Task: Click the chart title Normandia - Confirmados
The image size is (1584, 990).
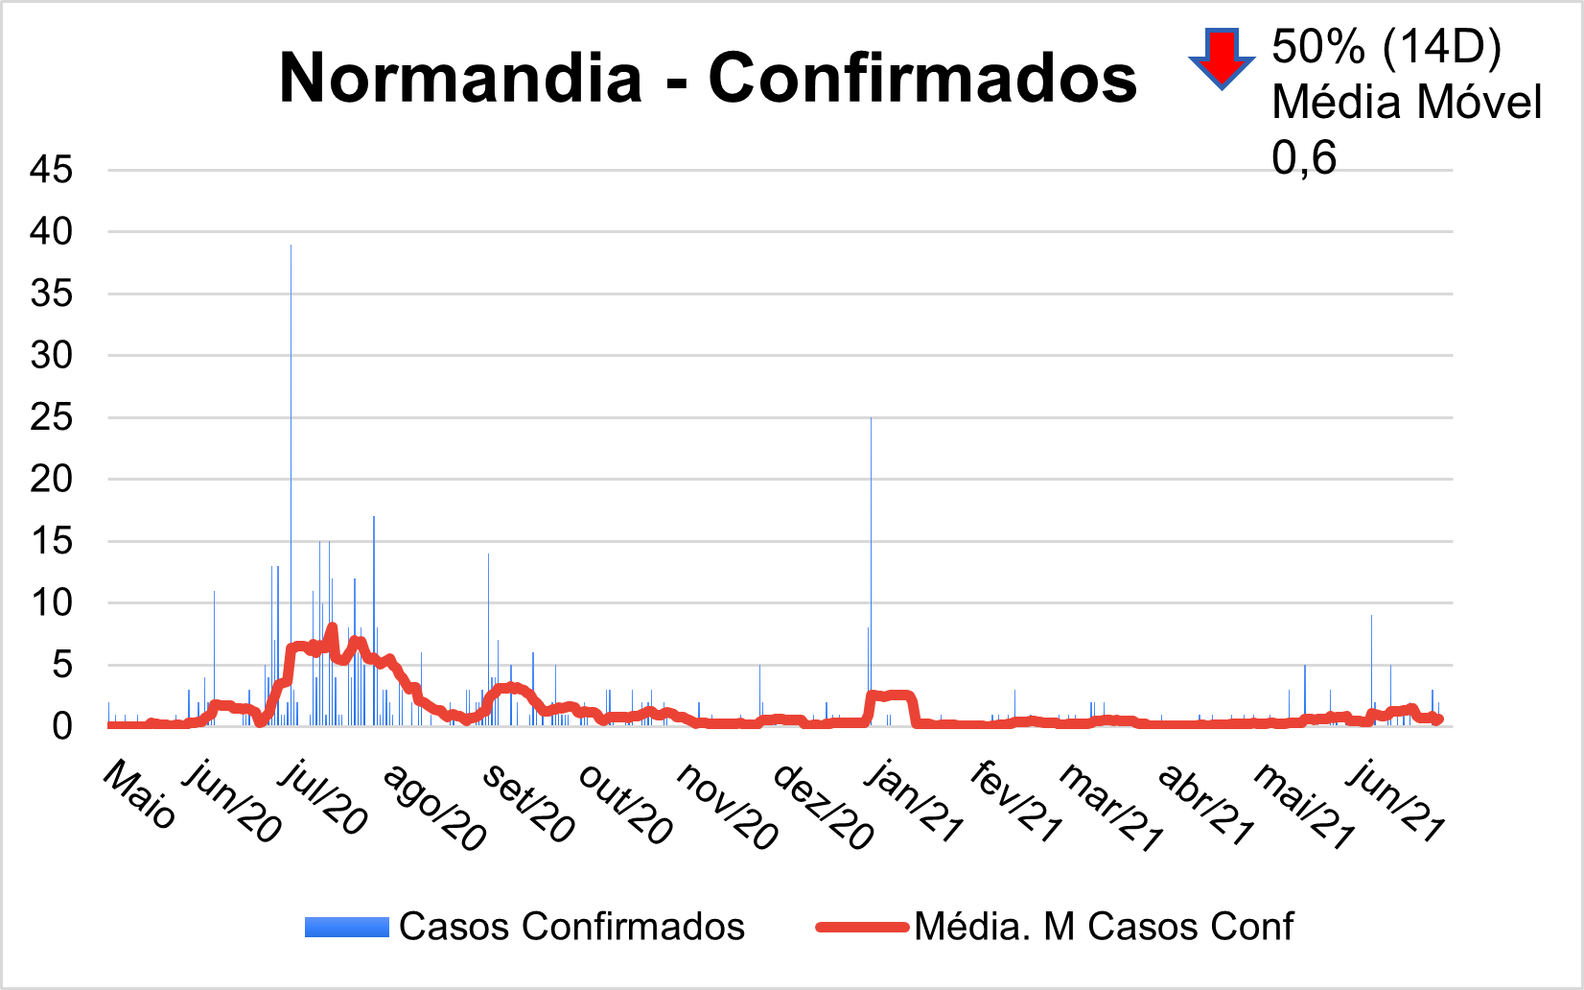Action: (x=708, y=78)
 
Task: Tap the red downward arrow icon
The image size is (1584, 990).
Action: (x=1222, y=59)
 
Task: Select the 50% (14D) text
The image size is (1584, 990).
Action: (x=1386, y=46)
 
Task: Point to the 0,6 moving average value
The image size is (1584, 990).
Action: (x=1304, y=158)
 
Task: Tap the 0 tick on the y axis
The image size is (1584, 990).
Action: (x=62, y=726)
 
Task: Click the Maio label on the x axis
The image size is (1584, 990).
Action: (x=140, y=795)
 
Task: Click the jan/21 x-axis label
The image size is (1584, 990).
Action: (x=914, y=802)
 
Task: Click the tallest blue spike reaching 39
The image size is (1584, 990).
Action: (x=291, y=384)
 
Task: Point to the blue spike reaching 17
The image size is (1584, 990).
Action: (x=374, y=576)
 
